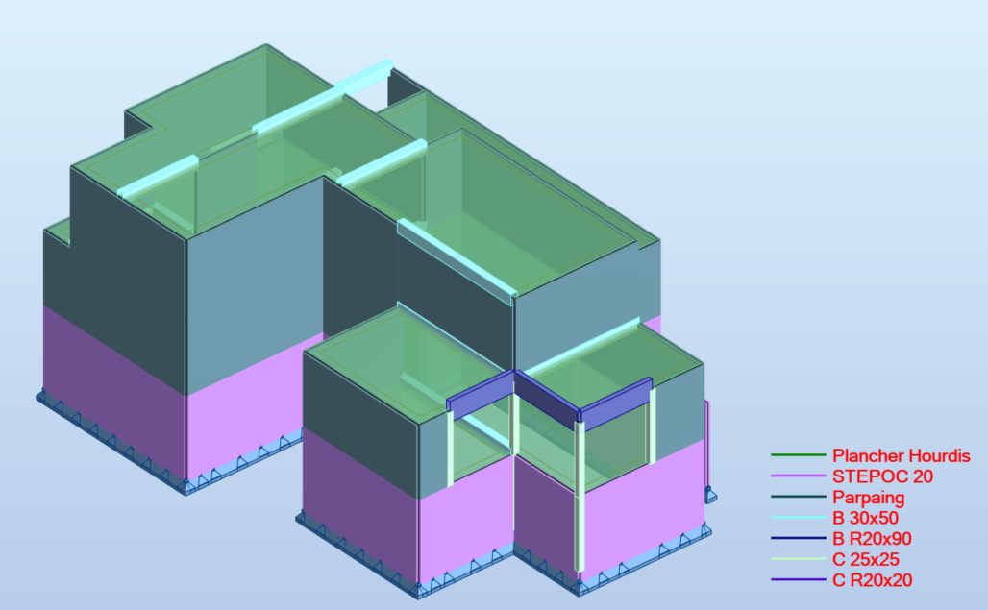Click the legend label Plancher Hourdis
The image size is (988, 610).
pos(902,455)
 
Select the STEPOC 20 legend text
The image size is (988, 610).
pos(882,476)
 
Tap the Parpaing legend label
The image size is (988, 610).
pos(868,498)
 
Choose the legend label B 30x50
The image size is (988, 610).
pos(865,518)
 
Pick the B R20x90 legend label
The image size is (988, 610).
pos(872,539)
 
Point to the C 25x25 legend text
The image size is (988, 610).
pos(866,559)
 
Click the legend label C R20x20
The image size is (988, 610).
pos(872,580)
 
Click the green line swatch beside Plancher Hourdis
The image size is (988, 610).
pos(799,454)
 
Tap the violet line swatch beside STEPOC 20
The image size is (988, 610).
pos(799,476)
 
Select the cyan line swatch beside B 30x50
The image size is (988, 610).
pos(799,518)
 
